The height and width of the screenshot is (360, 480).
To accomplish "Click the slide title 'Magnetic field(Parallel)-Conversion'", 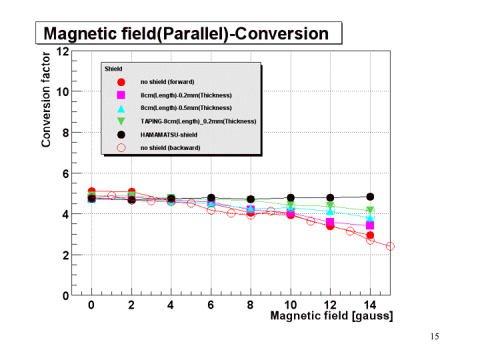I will click(x=186, y=33).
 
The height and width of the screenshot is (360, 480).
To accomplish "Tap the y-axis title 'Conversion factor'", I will click(x=46, y=99).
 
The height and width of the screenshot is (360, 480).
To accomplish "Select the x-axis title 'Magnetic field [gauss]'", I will click(x=331, y=315).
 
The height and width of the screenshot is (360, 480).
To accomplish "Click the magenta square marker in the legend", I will click(x=121, y=95).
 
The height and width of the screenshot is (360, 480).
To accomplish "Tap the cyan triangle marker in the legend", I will click(x=121, y=108).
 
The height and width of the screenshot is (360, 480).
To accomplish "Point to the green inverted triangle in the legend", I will click(x=121, y=121).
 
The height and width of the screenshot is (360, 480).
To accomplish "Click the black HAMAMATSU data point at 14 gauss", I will click(x=370, y=197).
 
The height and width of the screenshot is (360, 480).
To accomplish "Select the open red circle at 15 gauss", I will click(x=390, y=246).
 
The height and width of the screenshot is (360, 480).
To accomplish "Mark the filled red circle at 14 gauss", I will click(x=370, y=235).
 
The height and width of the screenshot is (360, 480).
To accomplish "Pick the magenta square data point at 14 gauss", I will click(x=370, y=225).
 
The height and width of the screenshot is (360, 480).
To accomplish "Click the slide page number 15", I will click(x=435, y=337).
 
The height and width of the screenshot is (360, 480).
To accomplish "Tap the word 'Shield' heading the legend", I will click(x=113, y=69).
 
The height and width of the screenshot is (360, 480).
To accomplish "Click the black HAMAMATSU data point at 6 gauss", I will click(x=211, y=198).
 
